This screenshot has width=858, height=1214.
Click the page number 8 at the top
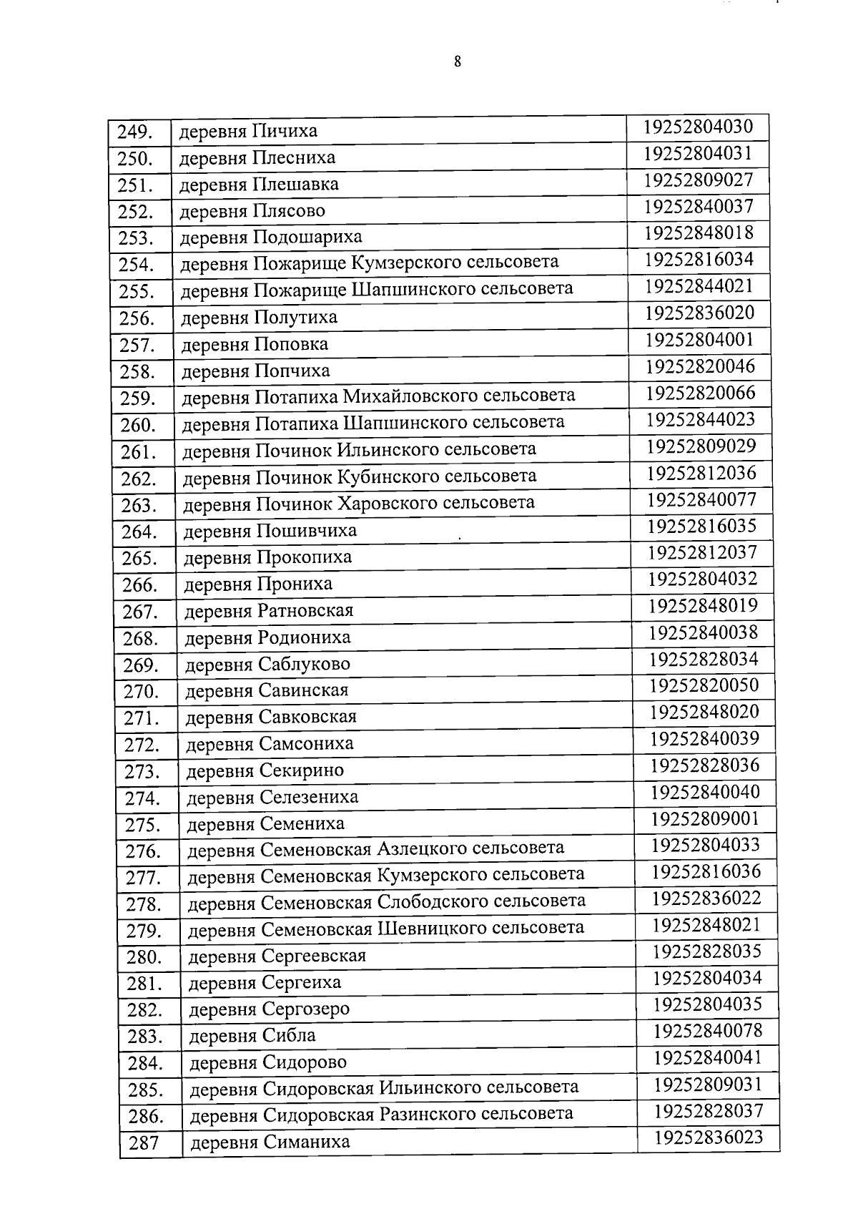[x=457, y=62]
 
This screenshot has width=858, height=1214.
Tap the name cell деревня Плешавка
[x=259, y=185]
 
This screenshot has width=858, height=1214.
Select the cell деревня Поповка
[x=255, y=345]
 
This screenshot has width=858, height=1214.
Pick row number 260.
[x=138, y=426]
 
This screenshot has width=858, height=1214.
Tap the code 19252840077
[x=701, y=499]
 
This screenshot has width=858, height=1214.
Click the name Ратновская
[x=305, y=611]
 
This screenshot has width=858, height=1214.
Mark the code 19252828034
[x=704, y=659]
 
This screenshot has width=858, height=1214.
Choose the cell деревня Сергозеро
[x=270, y=1009]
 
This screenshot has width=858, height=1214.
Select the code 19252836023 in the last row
[x=709, y=1137]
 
